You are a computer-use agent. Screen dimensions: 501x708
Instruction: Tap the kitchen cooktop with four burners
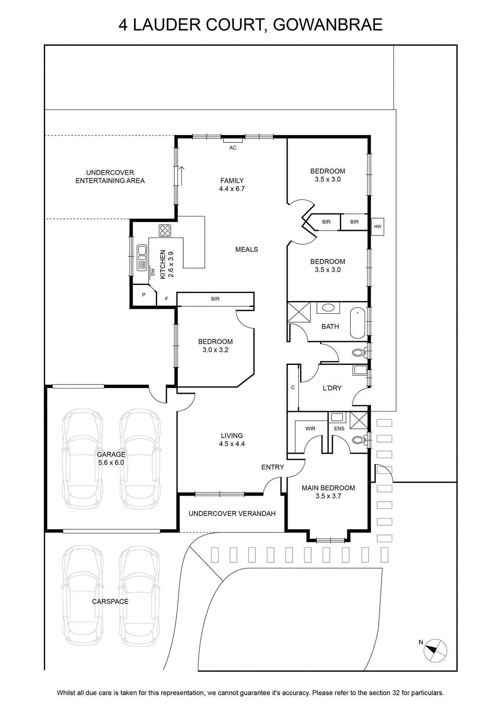point(165,231)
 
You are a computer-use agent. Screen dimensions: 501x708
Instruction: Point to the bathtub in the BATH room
point(358,323)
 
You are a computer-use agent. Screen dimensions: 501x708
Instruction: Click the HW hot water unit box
point(378,226)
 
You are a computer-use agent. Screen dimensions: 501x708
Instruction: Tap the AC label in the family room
point(233,148)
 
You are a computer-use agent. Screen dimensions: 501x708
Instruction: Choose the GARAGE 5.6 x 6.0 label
point(111,458)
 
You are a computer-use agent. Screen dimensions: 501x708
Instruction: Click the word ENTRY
point(273,467)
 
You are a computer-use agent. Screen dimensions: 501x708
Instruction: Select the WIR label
point(310,429)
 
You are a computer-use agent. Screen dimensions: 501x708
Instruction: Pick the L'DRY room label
point(332,388)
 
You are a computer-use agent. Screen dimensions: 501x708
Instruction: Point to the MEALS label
point(247,250)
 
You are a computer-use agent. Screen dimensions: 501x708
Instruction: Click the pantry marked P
point(144,295)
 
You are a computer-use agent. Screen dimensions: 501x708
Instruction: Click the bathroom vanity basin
point(328,308)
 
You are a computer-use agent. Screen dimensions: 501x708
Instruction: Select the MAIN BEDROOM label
point(328,492)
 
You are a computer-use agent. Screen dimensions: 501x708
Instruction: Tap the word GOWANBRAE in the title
point(328,25)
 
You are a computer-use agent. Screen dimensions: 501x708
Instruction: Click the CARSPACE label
point(110,601)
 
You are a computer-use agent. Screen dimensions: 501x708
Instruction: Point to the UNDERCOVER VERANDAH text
point(232,514)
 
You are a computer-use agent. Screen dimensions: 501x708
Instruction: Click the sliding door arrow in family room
point(182,176)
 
